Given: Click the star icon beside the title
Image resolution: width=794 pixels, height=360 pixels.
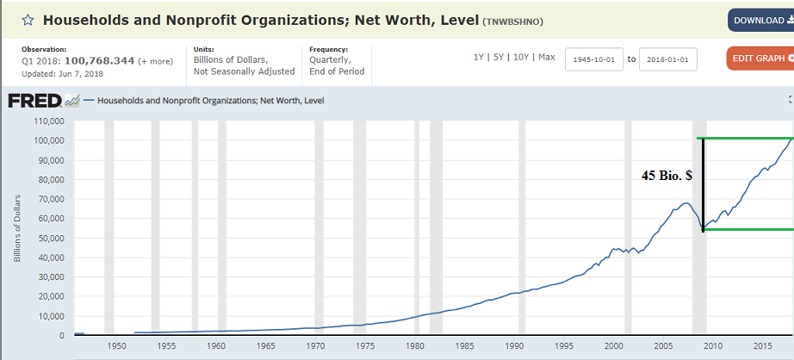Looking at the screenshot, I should coord(28,19).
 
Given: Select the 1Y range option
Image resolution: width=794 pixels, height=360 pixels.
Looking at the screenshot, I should coord(479,57).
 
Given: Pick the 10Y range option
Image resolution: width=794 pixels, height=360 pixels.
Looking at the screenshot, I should coord(520,57).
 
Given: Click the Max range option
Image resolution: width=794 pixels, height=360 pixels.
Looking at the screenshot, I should coord(547,57).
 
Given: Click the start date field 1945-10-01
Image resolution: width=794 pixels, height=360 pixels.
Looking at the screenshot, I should coord(594,59).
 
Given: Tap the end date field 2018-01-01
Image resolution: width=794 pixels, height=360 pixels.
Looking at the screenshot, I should coord(668,59).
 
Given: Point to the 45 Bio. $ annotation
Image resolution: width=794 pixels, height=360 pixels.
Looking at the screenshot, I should coord(667,175).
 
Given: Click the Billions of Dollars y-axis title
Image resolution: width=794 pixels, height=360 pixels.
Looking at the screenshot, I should coord(17,229).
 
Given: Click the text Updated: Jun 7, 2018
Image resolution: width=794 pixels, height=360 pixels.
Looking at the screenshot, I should coord(63,74).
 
